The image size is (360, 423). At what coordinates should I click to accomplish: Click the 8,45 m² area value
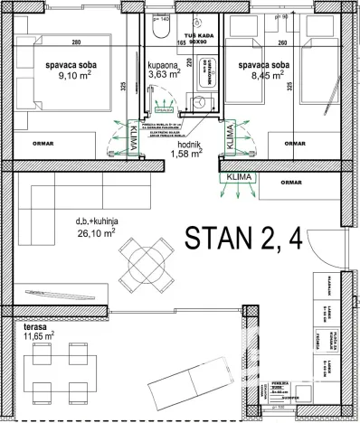tap(264, 78)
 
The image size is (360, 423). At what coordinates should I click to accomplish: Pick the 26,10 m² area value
tap(96, 232)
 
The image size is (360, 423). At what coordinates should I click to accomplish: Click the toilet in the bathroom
tap(160, 31)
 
